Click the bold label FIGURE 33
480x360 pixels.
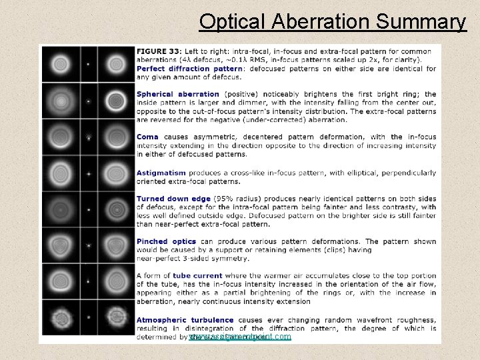pyautogui.click(x=159, y=51)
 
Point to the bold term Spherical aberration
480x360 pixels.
pyautogui.click(x=177, y=94)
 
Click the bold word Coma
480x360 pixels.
pyautogui.click(x=147, y=137)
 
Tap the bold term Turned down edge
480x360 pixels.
pyautogui.click(x=173, y=198)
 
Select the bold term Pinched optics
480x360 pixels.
pyautogui.click(x=166, y=241)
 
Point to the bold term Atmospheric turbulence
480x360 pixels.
pyautogui.click(x=185, y=319)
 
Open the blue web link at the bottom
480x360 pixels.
pyautogui.click(x=240, y=337)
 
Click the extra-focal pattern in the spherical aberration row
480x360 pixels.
pyautogui.click(x=116, y=101)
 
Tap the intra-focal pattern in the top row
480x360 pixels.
pyautogui.click(x=61, y=65)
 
